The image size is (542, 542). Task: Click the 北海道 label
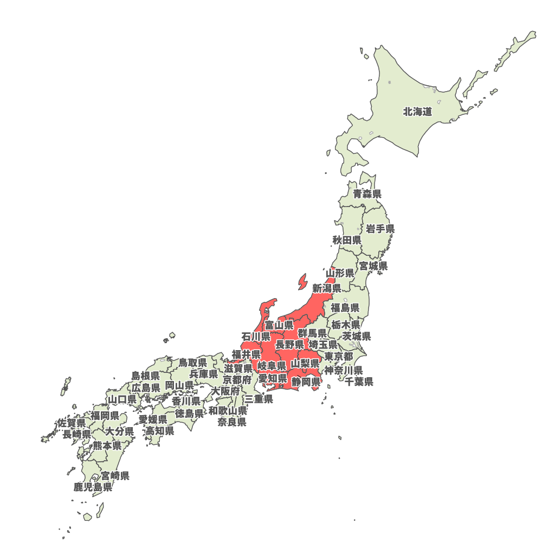coord(417,112)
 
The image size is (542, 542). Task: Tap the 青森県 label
coord(367,193)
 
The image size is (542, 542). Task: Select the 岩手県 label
coord(380,229)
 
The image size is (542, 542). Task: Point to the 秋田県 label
coord(347,240)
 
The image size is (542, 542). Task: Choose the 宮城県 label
coord(373,266)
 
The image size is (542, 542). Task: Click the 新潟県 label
coord(326,288)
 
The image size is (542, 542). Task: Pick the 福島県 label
coord(345,308)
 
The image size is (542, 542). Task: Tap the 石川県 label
coord(256,337)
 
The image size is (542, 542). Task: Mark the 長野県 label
coord(289,345)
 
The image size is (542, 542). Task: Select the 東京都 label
coord(339,357)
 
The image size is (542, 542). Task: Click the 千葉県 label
coord(359,382)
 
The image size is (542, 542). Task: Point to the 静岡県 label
coord(306,382)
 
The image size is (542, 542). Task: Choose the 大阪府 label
coord(225,391)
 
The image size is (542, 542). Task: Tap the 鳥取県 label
coord(193,362)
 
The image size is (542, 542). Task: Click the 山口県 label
coord(122,399)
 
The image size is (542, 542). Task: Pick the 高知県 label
coord(159,431)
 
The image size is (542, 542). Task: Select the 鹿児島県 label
coord(93,487)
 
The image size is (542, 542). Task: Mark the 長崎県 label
coord(76,434)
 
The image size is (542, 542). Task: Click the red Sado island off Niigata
coord(302,282)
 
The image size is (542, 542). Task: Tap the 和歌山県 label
coord(228,410)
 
